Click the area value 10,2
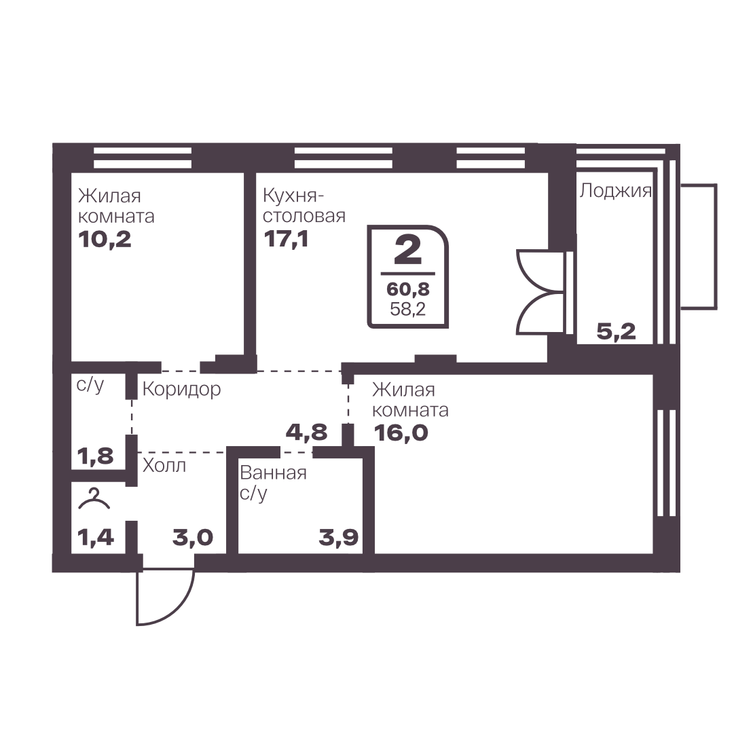[x=105, y=240]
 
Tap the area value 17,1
[x=286, y=239]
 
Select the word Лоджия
[x=615, y=191]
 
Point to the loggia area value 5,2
[x=616, y=331]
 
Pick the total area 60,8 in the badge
[x=407, y=289]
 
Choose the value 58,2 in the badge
[x=407, y=309]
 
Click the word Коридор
[x=181, y=390]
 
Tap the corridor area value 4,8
[x=307, y=432]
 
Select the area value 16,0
[x=401, y=433]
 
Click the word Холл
[x=164, y=466]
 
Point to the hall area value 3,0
[x=193, y=537]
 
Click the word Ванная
[x=274, y=473]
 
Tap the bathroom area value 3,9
[x=338, y=537]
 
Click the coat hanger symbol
[x=94, y=498]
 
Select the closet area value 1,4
[x=96, y=537]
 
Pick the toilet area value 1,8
[x=96, y=456]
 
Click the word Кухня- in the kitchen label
[x=293, y=196]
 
